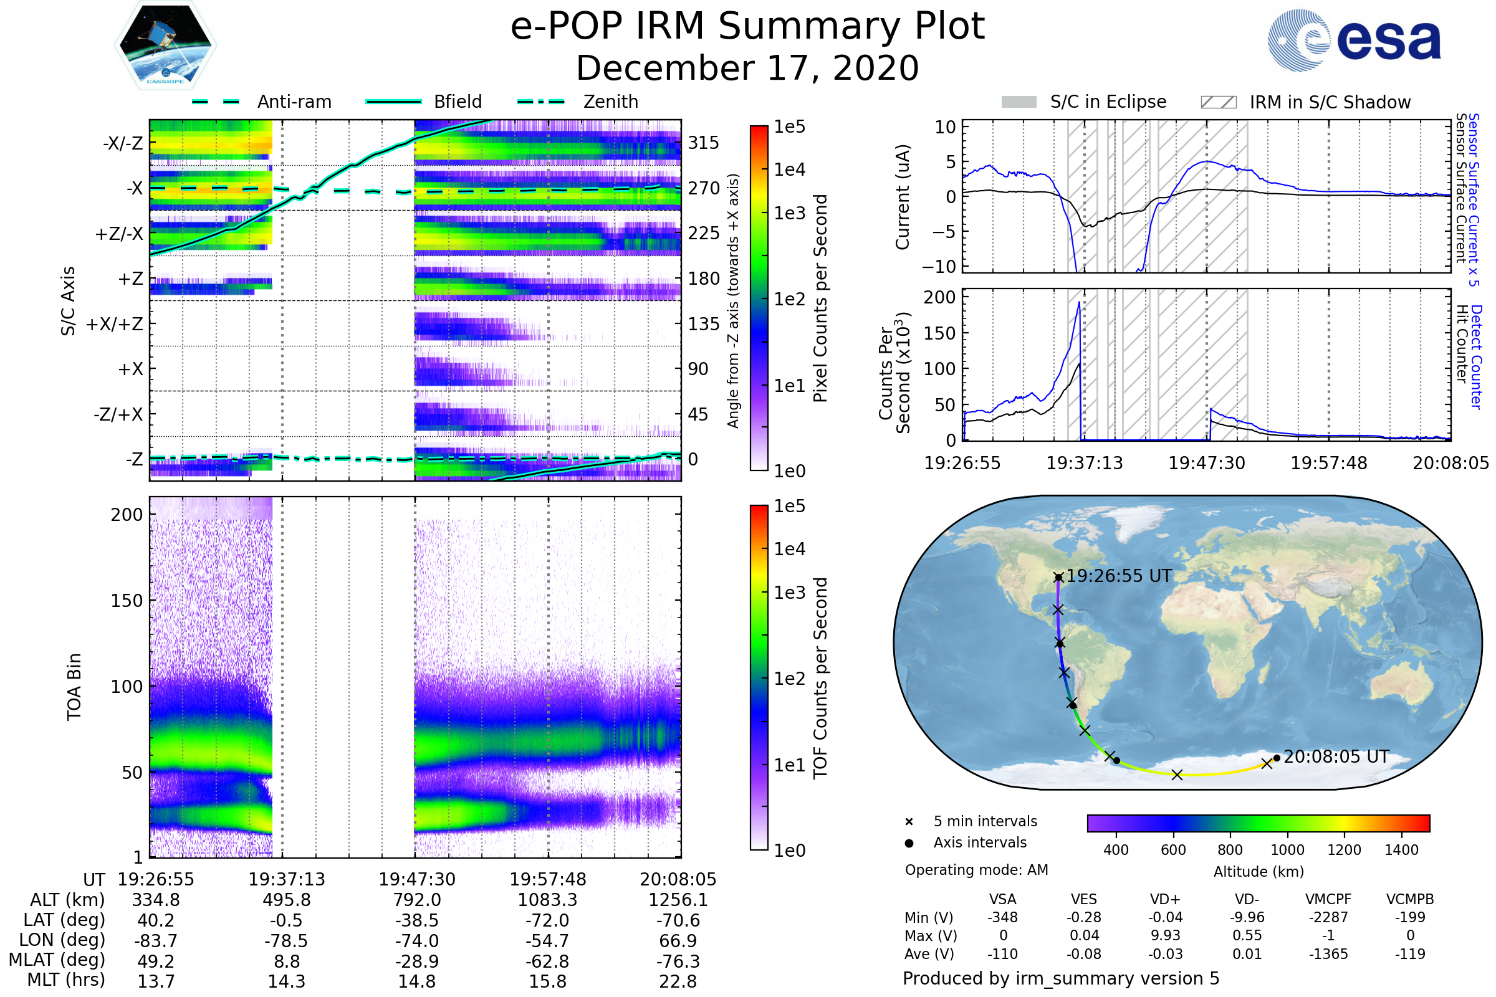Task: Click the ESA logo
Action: click(1354, 40)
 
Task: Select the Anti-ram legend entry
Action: click(294, 102)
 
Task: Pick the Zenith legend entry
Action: click(610, 102)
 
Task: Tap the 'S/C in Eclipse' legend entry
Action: click(1108, 102)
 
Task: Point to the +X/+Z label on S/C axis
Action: click(115, 324)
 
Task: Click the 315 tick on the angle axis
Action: click(703, 143)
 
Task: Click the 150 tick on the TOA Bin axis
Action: click(127, 601)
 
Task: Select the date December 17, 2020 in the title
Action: click(747, 68)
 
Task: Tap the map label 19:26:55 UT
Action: click(1119, 576)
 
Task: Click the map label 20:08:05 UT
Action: click(1336, 756)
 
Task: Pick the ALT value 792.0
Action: click(416, 900)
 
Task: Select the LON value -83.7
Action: click(156, 940)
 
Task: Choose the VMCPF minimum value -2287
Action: click(1328, 917)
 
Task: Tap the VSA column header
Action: click(1002, 900)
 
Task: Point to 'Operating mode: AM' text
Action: click(976, 870)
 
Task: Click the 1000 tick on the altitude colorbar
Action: click(1287, 850)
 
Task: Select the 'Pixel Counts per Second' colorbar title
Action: click(820, 298)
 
